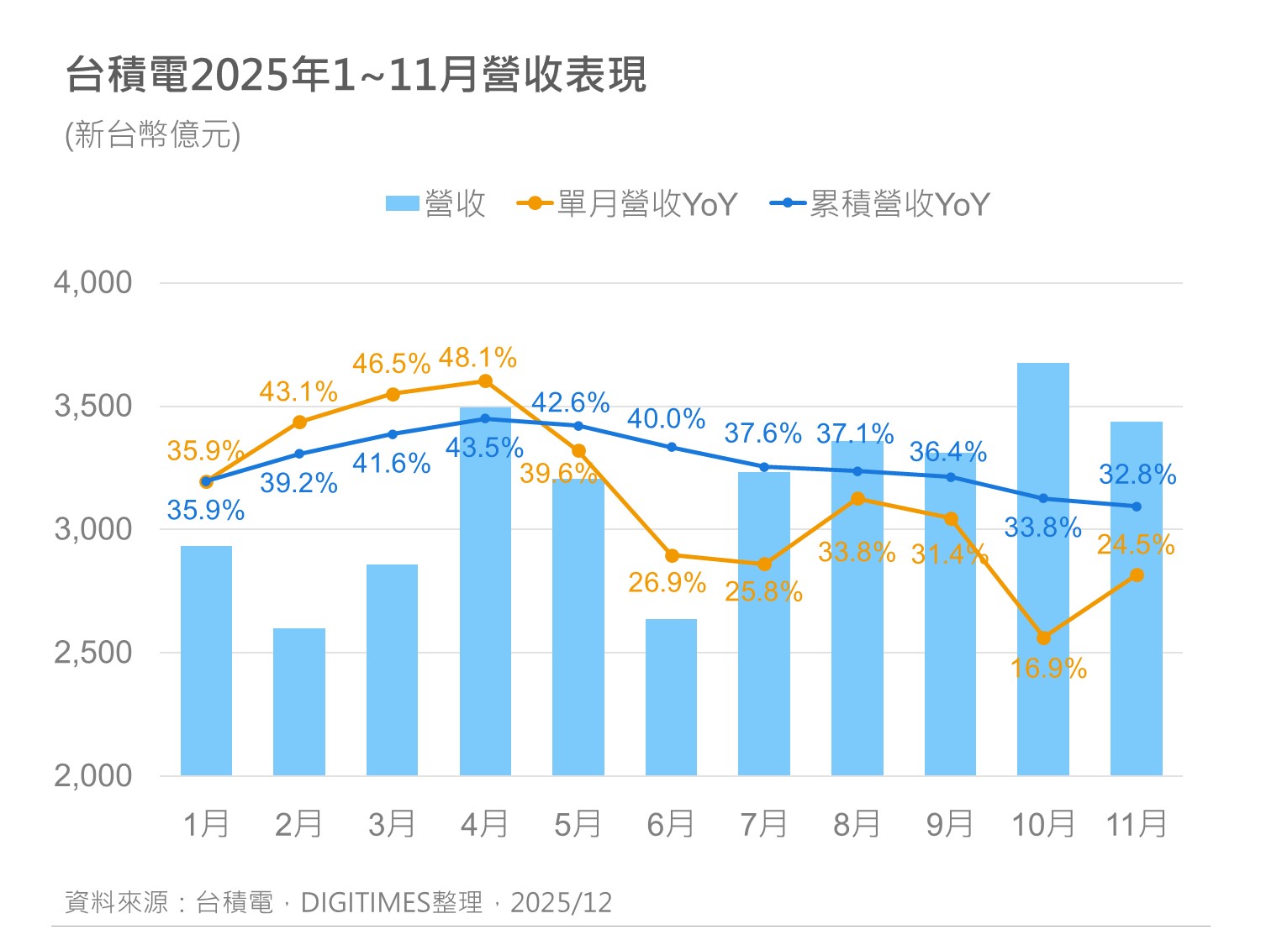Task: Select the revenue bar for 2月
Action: (x=299, y=701)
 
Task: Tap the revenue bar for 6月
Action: (x=671, y=697)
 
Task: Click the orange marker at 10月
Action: (x=1043, y=638)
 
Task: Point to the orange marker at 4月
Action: (x=485, y=381)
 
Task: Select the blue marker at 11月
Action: (x=1137, y=507)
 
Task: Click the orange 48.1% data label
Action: (x=477, y=358)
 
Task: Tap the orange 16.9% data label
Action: (x=1048, y=669)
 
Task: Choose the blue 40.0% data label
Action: (x=666, y=418)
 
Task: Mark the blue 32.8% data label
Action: (x=1137, y=475)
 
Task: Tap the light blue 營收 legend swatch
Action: (x=402, y=204)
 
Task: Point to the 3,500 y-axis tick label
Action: (x=93, y=406)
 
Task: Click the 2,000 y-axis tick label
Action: (x=93, y=775)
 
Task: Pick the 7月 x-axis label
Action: (x=763, y=824)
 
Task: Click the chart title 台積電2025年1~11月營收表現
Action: (x=356, y=75)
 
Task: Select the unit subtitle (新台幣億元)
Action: (x=153, y=134)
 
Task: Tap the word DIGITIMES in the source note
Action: (x=366, y=902)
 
